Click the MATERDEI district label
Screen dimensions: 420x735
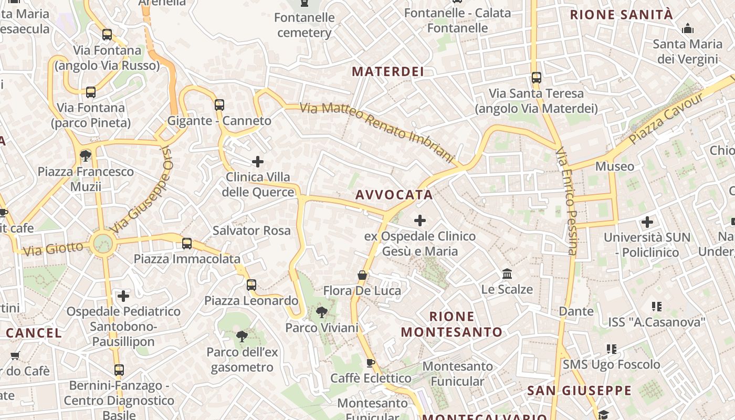point(387,72)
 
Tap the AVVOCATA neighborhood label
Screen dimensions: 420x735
point(394,195)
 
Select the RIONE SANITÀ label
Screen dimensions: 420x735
point(621,15)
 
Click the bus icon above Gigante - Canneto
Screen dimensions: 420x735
point(219,104)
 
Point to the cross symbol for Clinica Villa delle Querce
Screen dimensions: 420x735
point(257,161)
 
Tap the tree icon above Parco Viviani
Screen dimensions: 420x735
point(322,313)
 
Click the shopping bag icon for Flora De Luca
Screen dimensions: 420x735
point(362,275)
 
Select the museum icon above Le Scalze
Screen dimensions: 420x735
point(507,274)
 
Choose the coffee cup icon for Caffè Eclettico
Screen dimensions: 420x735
point(371,363)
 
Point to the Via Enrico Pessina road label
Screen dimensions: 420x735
point(567,201)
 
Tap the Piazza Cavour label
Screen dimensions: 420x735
point(666,119)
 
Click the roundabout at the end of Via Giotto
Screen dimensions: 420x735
point(103,243)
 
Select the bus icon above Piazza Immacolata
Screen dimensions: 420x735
point(187,244)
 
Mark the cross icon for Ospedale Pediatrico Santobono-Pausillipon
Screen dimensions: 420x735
point(123,296)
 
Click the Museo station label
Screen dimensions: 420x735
point(614,166)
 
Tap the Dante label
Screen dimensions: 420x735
point(576,311)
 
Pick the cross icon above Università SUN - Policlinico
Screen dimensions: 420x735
point(647,222)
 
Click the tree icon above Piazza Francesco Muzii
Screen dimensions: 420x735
point(86,156)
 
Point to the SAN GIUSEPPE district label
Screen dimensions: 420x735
point(579,391)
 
